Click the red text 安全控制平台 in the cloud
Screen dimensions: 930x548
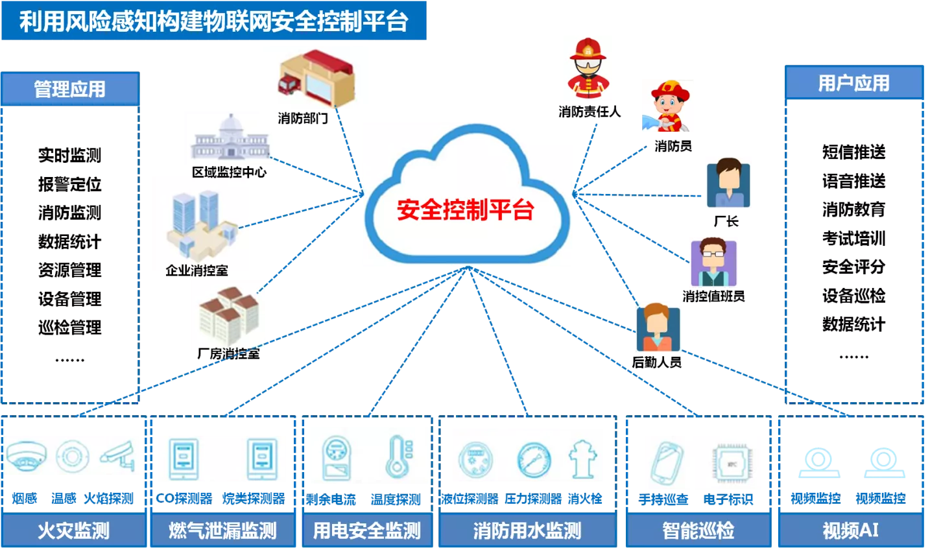point(466,209)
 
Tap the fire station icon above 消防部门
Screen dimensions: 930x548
point(316,78)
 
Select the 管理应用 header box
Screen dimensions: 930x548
point(70,89)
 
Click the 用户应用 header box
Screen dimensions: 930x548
point(854,82)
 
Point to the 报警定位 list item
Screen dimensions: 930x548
point(70,184)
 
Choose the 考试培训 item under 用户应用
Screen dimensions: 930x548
point(854,238)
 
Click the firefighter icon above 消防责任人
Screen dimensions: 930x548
point(588,69)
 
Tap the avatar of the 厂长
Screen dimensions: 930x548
point(728,183)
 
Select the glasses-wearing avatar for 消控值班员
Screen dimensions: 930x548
point(713,262)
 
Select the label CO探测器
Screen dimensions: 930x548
point(184,498)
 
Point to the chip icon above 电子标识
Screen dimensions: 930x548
point(732,464)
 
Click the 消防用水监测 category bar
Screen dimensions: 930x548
point(527,530)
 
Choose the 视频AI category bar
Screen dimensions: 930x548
point(851,530)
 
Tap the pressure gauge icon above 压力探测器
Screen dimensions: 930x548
point(534,460)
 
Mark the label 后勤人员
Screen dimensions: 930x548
point(656,363)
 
